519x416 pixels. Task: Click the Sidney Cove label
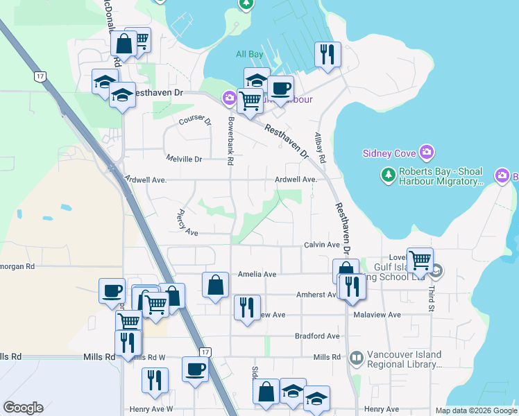[x=389, y=153]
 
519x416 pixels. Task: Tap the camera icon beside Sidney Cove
[x=427, y=152]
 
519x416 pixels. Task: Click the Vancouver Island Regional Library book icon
[x=357, y=358]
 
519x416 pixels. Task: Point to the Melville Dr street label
[x=184, y=159]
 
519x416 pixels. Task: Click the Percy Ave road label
[x=188, y=222]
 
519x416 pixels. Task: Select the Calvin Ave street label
[x=321, y=245]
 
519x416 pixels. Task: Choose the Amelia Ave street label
[x=257, y=275]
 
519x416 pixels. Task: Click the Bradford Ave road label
[x=316, y=336]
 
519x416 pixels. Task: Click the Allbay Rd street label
[x=320, y=147]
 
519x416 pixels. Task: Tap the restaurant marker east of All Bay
[x=327, y=54]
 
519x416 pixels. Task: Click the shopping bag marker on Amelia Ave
[x=215, y=284]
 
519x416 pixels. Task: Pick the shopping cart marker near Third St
[x=420, y=261]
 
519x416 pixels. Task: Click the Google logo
[x=24, y=407]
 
